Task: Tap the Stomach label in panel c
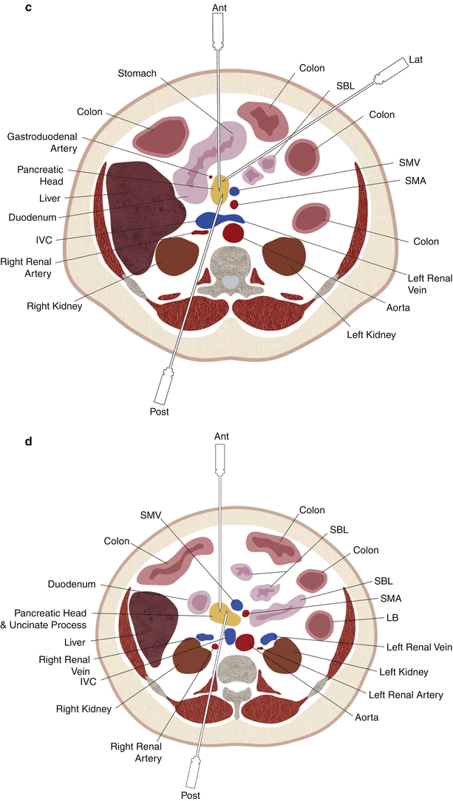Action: (x=136, y=73)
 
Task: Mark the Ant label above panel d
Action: (x=222, y=437)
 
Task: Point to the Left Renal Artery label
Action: (x=409, y=695)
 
